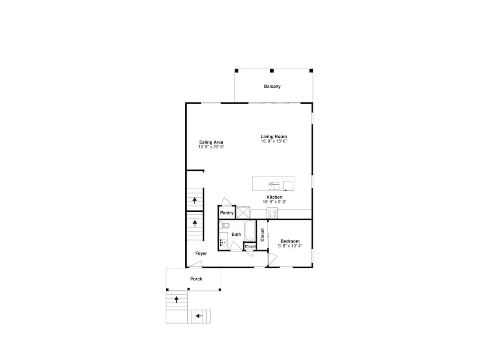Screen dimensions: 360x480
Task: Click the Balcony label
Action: [x=272, y=86]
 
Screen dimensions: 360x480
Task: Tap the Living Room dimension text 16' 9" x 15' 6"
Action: [x=274, y=142]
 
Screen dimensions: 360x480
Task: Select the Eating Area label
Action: [x=211, y=142]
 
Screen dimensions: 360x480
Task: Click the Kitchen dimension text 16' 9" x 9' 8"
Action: [x=274, y=202]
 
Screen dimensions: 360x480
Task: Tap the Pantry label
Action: [x=227, y=213]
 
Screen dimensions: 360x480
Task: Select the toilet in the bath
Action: [x=224, y=225]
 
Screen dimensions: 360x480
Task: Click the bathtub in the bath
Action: [x=250, y=231]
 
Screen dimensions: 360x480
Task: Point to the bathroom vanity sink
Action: [x=224, y=242]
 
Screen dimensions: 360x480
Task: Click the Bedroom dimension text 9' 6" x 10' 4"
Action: [x=290, y=246]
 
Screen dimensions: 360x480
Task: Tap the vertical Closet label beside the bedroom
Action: [x=263, y=235]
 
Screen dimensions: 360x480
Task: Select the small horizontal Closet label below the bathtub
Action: [x=250, y=246]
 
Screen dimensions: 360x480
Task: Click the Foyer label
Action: [x=201, y=253]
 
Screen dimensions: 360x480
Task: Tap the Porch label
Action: [x=196, y=279]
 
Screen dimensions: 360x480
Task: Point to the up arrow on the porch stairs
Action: [x=176, y=300]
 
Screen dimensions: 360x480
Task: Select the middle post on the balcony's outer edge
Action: [x=272, y=71]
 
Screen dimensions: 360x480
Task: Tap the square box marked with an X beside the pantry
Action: [x=243, y=213]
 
